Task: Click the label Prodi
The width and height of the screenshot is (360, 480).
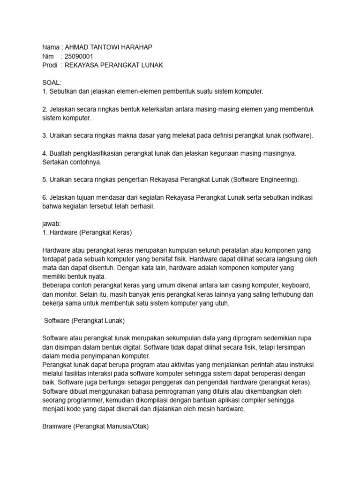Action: click(50, 65)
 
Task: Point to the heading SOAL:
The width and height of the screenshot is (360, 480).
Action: click(52, 82)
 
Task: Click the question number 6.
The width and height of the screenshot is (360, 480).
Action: click(45, 197)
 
